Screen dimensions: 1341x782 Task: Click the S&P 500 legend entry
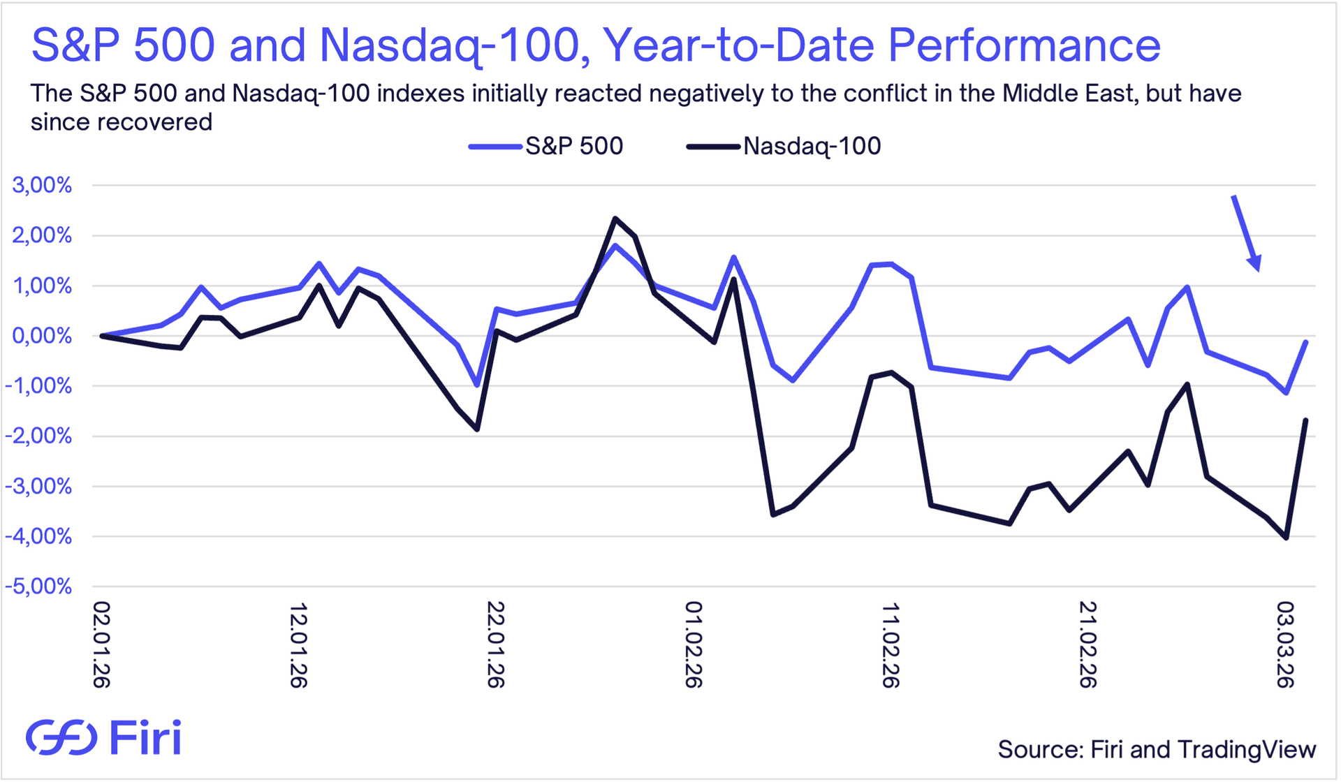click(545, 146)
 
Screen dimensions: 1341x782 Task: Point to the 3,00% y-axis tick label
click(42, 185)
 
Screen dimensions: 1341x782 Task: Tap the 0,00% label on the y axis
click(42, 336)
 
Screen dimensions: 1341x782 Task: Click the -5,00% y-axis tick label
click(38, 586)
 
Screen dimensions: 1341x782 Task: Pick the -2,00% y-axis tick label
click(38, 436)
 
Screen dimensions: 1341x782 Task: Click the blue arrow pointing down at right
click(1246, 233)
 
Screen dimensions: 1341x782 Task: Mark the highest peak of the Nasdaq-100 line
click(615, 219)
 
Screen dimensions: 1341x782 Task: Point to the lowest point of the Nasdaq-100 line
click(1286, 538)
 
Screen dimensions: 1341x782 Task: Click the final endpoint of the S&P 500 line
click(1306, 341)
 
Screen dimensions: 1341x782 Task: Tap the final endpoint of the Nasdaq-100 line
click(1306, 420)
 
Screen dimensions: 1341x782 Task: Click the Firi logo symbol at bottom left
click(61, 737)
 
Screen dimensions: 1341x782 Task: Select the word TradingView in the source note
click(1247, 750)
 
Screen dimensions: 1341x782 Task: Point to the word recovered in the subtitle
click(154, 122)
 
